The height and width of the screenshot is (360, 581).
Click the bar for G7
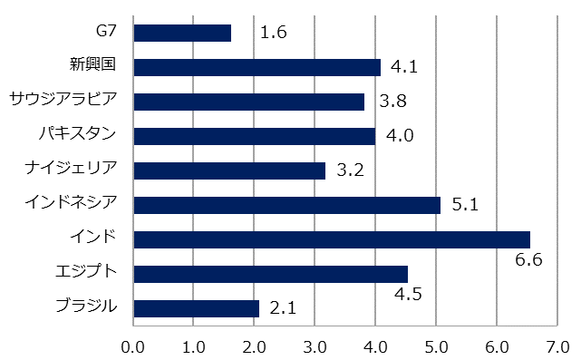[182, 33]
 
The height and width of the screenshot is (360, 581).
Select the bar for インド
[332, 239]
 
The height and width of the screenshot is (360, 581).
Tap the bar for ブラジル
[197, 308]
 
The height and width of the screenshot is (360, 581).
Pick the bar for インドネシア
[286, 205]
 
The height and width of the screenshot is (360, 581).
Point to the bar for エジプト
[270, 274]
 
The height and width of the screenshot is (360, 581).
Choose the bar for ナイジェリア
[229, 170]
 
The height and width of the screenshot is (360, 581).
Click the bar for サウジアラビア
[248, 102]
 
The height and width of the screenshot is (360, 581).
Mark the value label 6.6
[528, 261]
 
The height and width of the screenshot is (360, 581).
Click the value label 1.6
[274, 34]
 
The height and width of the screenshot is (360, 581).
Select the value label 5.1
[465, 205]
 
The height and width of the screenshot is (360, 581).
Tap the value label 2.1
[284, 308]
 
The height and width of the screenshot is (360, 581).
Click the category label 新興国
[96, 65]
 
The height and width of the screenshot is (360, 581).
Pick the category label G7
[107, 31]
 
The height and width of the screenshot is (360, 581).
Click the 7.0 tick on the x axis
[557, 346]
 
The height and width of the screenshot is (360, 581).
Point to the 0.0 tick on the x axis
[133, 346]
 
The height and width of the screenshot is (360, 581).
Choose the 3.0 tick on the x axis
[315, 346]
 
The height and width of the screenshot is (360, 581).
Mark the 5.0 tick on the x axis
[436, 346]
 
